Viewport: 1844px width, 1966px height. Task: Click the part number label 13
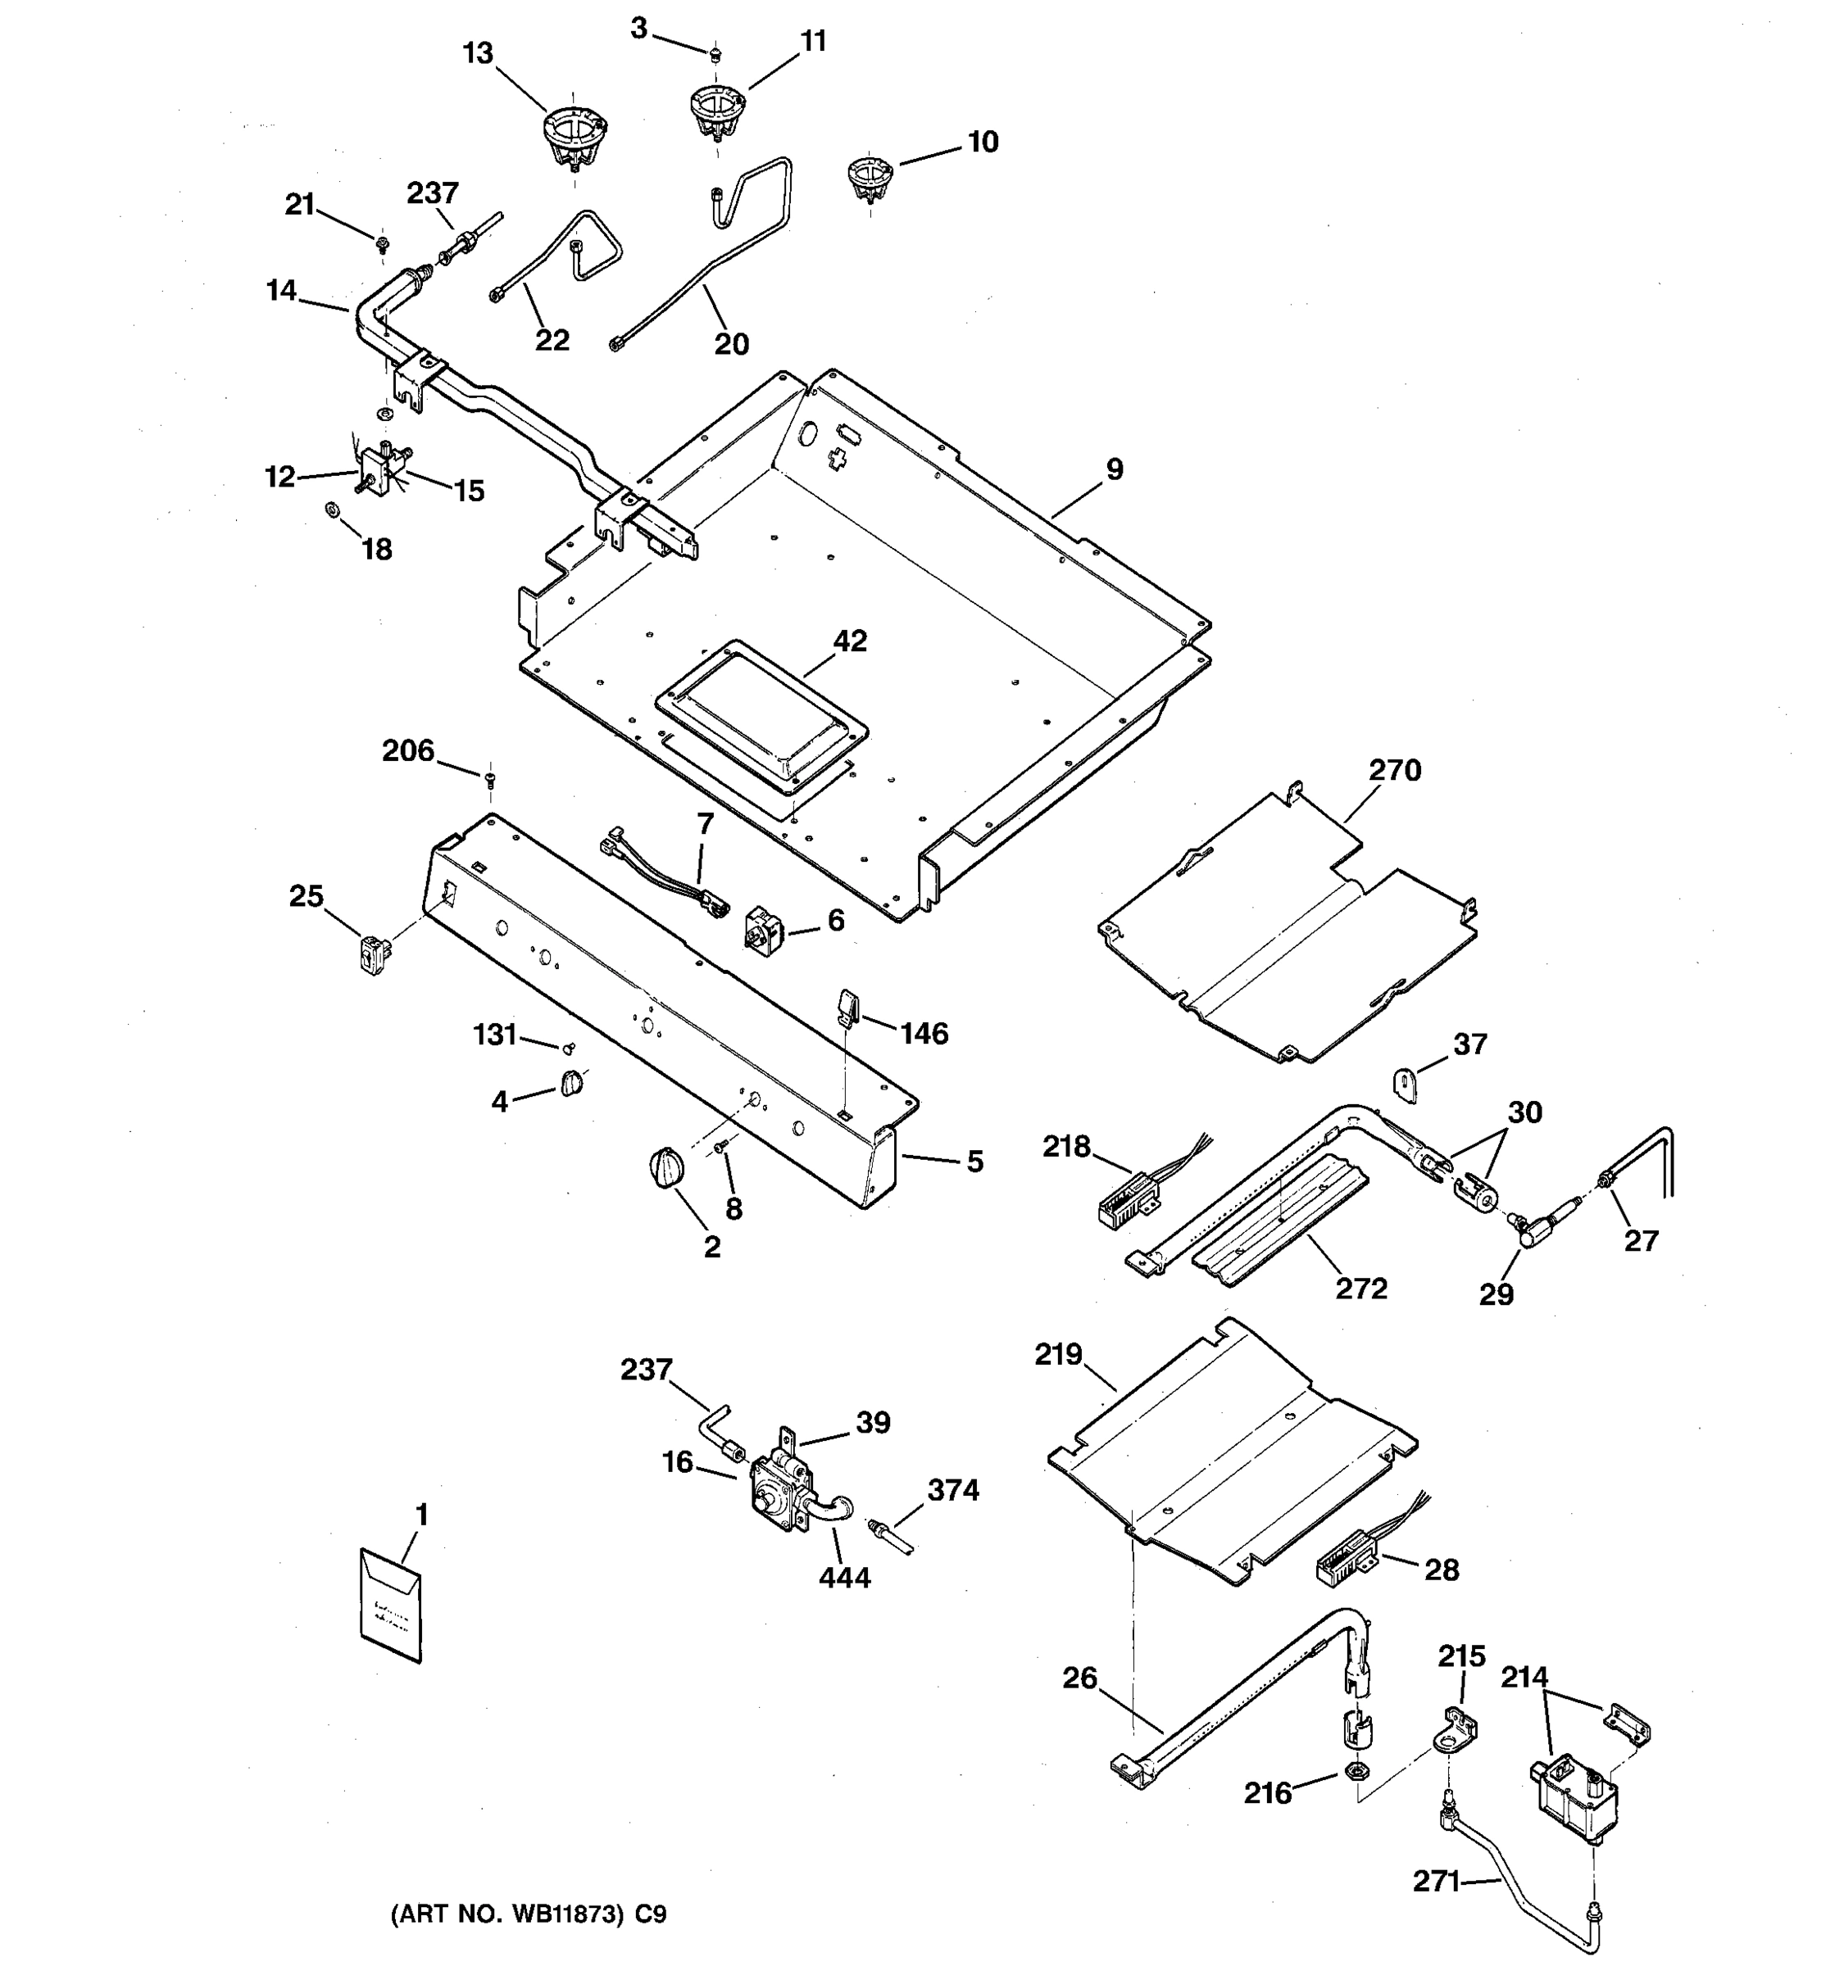tap(478, 53)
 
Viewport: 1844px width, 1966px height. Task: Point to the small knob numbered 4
tap(572, 1083)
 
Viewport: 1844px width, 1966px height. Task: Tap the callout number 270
tap(1395, 769)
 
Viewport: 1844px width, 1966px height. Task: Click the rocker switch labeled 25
tap(374, 955)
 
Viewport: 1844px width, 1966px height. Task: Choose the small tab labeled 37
tap(1406, 1084)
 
